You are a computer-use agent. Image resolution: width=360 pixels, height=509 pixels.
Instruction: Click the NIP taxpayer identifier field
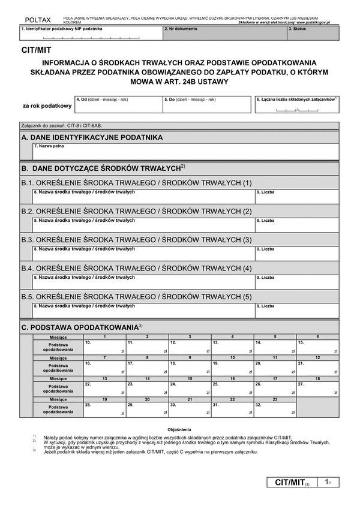(x=90, y=34)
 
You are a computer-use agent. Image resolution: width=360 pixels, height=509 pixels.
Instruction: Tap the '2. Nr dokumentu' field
(x=224, y=34)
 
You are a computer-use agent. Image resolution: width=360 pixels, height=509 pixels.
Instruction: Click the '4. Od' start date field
(x=118, y=105)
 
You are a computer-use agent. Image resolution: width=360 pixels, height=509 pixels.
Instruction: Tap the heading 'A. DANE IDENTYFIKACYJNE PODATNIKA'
(x=92, y=137)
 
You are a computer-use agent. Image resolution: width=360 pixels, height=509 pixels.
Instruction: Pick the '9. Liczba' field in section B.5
(x=296, y=311)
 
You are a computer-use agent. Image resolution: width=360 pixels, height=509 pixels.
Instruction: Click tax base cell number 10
(x=104, y=347)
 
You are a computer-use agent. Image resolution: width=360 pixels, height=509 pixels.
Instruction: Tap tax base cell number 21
(x=317, y=368)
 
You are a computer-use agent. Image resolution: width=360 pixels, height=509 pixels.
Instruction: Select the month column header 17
(x=275, y=379)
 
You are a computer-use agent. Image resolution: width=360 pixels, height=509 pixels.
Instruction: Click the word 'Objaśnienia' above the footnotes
(x=179, y=430)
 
